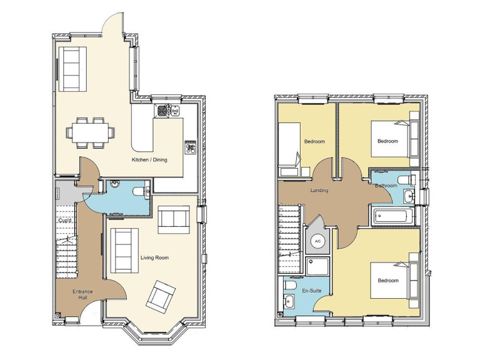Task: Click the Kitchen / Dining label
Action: tap(149, 160)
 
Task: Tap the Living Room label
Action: tap(154, 257)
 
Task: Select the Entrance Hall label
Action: tap(82, 294)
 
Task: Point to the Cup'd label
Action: tap(64, 221)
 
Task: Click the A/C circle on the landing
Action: tap(317, 241)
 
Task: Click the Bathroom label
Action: tap(386, 186)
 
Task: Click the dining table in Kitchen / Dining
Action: tap(91, 131)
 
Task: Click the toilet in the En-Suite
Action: tap(289, 286)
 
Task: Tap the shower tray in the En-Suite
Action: tap(320, 267)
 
